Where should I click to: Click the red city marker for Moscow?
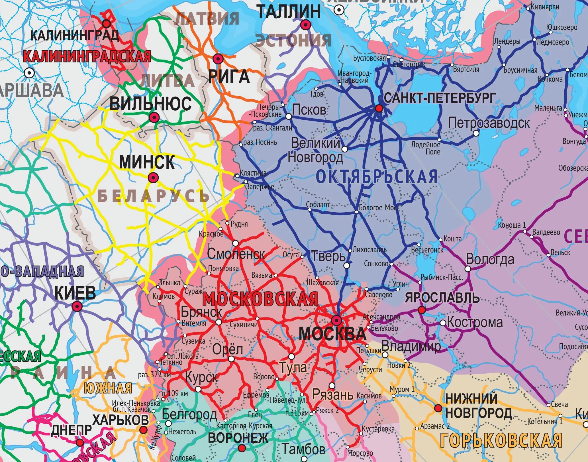pos(336,321)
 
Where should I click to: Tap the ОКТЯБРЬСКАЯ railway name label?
pos(377,176)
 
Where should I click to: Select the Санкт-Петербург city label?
pos(440,98)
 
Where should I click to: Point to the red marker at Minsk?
pos(153,178)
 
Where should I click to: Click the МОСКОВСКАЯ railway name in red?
pos(260,299)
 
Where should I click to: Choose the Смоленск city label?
pos(236,254)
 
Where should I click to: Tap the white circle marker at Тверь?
pos(347,266)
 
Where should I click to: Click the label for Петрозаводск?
pos(489,123)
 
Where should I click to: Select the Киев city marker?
pos(77,307)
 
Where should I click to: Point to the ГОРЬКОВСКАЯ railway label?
pos(501,440)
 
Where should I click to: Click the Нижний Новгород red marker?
pos(438,408)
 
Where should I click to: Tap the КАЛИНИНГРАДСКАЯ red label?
pos(87,56)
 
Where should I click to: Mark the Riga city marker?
pos(218,59)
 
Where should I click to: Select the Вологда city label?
pos(490,259)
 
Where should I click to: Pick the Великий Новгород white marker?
pos(345,149)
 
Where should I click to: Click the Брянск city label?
pos(201,312)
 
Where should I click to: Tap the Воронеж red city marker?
pos(242,448)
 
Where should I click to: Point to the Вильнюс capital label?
pos(150,103)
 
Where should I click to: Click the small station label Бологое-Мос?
pos(378,208)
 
